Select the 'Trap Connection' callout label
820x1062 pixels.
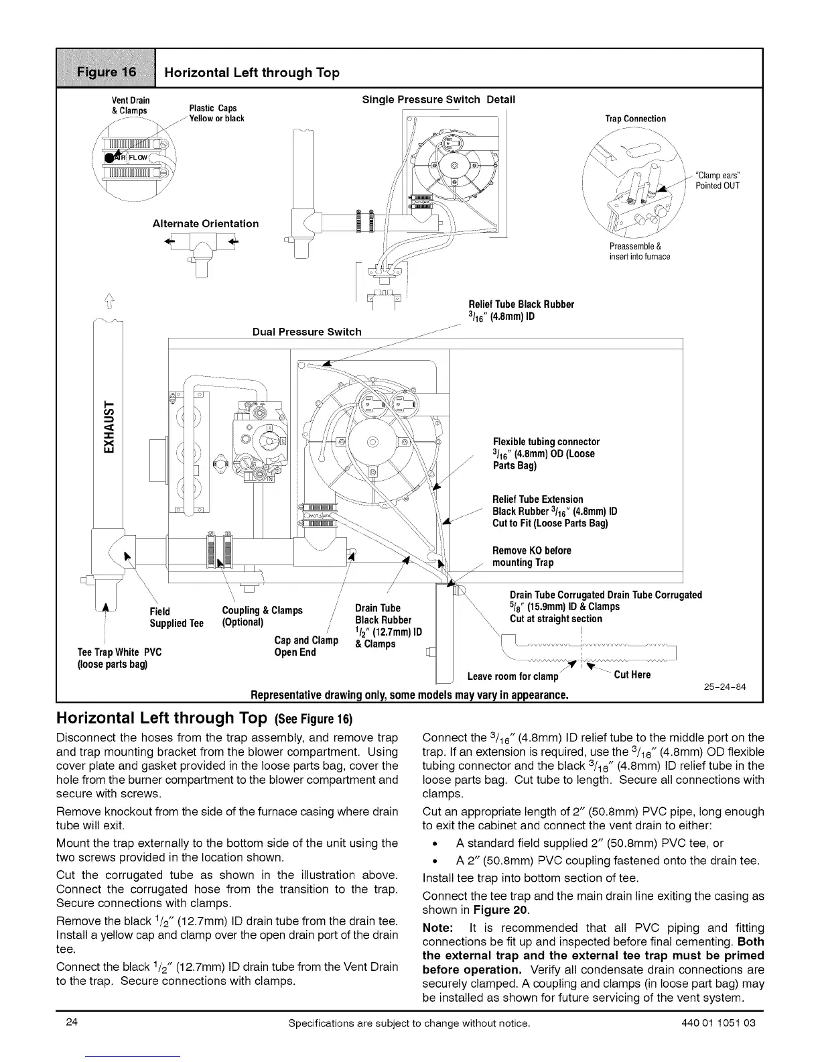click(635, 119)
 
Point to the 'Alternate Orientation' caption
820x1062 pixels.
click(206, 224)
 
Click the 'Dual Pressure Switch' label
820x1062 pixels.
click(307, 332)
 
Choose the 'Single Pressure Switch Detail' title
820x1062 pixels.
click(438, 100)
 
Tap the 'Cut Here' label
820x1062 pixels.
click(632, 674)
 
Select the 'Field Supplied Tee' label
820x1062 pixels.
click(176, 617)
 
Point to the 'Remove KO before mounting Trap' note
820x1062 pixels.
click(531, 556)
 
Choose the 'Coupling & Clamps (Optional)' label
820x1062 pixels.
click(262, 616)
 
